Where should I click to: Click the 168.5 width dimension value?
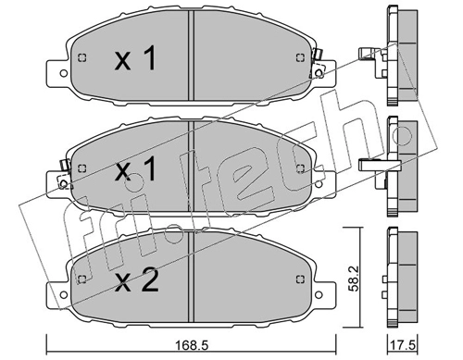[x=191, y=345]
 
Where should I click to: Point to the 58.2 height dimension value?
[x=354, y=279]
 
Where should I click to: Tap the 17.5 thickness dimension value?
[x=403, y=345]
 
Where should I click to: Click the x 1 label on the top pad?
[x=135, y=57]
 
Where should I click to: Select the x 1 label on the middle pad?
[x=135, y=168]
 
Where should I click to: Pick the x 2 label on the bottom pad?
[x=137, y=279]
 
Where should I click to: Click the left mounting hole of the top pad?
[x=64, y=73]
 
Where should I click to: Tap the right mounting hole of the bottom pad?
[x=319, y=294]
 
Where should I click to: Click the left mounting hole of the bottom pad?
[x=64, y=294]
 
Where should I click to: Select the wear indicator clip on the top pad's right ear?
[x=317, y=63]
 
